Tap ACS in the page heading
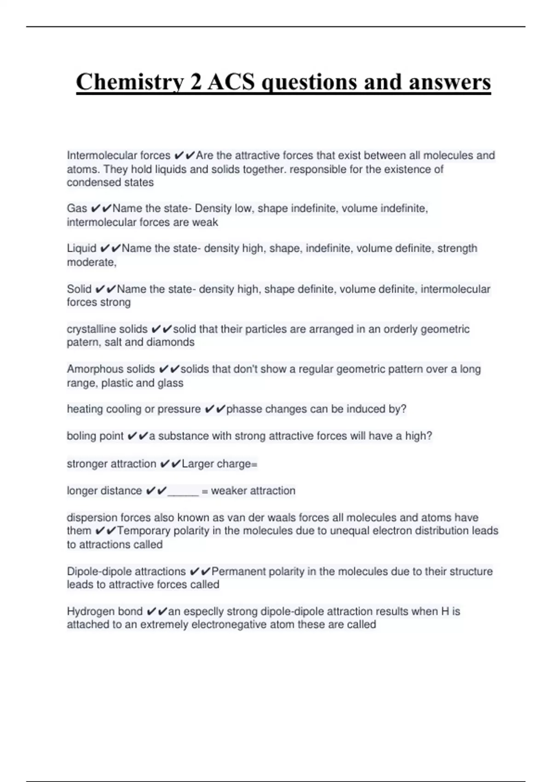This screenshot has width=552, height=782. click(x=230, y=82)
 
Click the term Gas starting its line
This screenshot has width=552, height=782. click(x=77, y=208)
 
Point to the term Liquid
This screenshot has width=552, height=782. click(x=81, y=248)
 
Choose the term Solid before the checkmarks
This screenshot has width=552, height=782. click(x=79, y=289)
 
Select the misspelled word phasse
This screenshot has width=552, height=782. click(x=244, y=409)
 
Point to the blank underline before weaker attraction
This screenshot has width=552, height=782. click(x=183, y=491)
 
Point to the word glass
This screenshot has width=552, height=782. click(x=170, y=383)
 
